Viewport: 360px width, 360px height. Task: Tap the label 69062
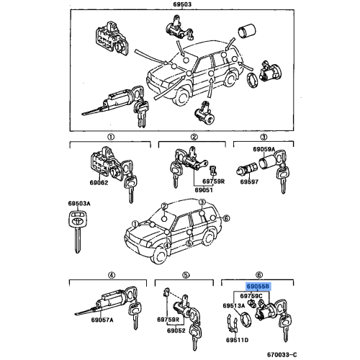click(x=99, y=183)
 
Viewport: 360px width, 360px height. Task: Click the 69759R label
click(x=213, y=181)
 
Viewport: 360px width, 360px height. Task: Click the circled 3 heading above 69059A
click(x=264, y=136)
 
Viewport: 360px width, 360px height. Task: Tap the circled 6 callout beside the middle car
click(x=226, y=218)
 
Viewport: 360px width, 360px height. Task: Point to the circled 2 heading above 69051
click(x=194, y=136)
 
